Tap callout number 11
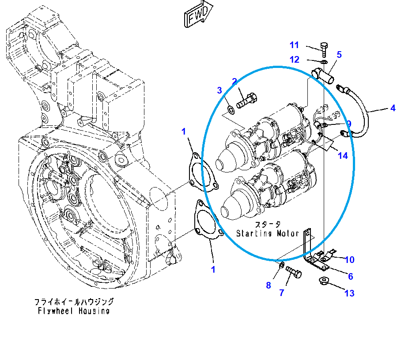point(295,45)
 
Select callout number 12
point(295,60)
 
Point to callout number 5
point(339,55)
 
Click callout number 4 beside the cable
point(393,107)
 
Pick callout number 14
point(343,155)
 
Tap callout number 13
point(349,293)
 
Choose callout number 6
point(350,277)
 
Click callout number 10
point(349,259)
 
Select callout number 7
point(281,292)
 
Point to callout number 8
point(268,285)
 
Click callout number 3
point(219,91)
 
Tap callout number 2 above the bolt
point(235,81)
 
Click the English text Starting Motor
point(267,233)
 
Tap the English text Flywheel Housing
point(73,311)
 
